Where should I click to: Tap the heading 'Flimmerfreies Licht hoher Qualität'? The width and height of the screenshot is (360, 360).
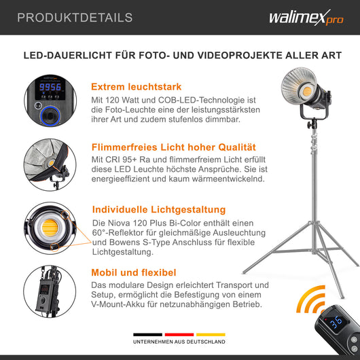tap(173, 147)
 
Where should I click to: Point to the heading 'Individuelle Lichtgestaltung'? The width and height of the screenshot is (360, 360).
tap(158, 209)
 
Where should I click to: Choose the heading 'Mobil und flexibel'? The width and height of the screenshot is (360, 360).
tap(134, 272)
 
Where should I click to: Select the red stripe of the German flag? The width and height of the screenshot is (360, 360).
tap(180, 335)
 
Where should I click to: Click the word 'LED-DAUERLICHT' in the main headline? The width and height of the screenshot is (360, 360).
tap(65, 56)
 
